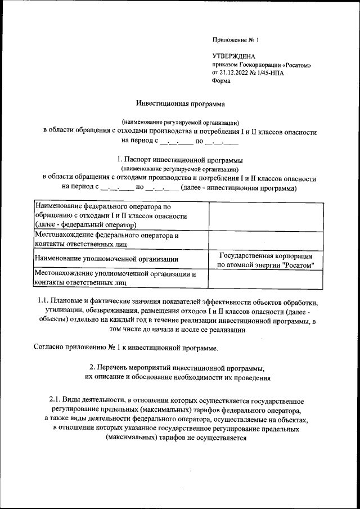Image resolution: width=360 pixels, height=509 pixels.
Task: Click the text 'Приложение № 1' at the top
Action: point(235,40)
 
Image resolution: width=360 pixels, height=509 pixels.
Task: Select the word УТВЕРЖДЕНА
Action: point(233,57)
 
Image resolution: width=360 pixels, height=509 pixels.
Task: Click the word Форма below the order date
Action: point(221,80)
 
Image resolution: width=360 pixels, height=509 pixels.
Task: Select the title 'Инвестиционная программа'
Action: point(179,103)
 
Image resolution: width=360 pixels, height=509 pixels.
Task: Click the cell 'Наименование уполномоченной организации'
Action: point(107,259)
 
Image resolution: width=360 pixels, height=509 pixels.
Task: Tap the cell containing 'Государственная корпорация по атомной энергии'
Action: point(266,259)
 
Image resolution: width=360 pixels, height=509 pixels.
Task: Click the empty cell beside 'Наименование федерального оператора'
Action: point(266,215)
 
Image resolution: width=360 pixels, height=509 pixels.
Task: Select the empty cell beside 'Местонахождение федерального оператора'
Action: point(266,240)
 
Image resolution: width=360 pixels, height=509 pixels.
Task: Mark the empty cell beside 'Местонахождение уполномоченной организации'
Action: point(266,278)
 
